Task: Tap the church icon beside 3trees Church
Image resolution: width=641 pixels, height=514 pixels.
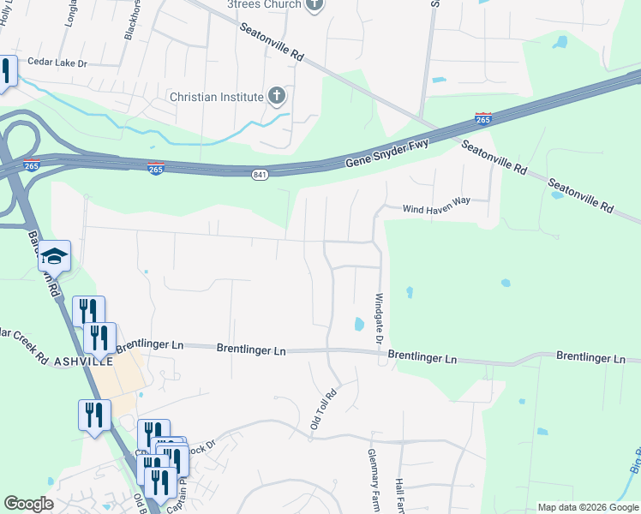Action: pos(315,4)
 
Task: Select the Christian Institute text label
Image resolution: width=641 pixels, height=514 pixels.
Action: pos(216,96)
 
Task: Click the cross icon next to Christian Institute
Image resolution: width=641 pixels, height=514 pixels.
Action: pos(277,95)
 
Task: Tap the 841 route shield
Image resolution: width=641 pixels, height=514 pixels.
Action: pos(260,175)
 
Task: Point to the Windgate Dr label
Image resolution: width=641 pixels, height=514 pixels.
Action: pos(378,320)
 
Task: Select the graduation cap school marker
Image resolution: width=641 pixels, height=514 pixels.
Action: pos(54,257)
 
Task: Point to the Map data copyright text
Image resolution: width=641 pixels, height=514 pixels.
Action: pos(587,507)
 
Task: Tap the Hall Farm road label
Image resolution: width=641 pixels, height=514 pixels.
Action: pos(399,495)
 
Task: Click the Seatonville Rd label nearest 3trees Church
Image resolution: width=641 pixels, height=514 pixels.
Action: pos(273,43)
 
